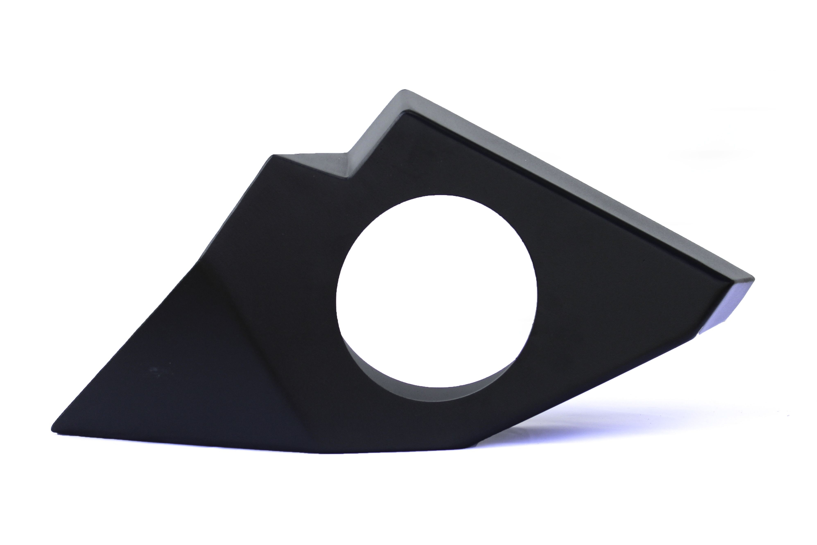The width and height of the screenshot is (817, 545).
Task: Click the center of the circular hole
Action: point(437,291)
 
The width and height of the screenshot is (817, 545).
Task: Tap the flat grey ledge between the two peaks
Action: point(313,163)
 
